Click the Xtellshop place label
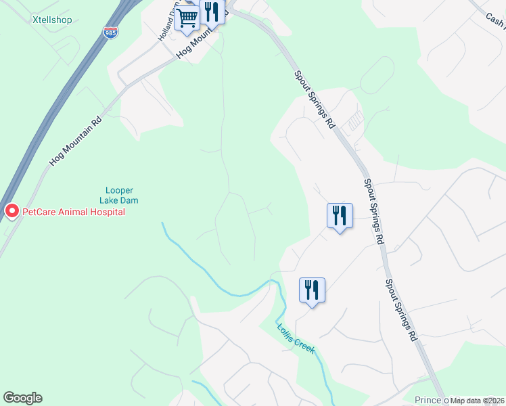tap(52, 20)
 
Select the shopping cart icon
tap(187, 18)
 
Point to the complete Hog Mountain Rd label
tap(75, 139)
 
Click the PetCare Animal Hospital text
tap(74, 212)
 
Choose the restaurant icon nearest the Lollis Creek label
tap(312, 290)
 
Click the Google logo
tap(22, 398)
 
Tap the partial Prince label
tap(428, 400)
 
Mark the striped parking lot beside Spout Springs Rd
tap(354, 122)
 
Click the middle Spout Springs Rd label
tap(373, 210)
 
